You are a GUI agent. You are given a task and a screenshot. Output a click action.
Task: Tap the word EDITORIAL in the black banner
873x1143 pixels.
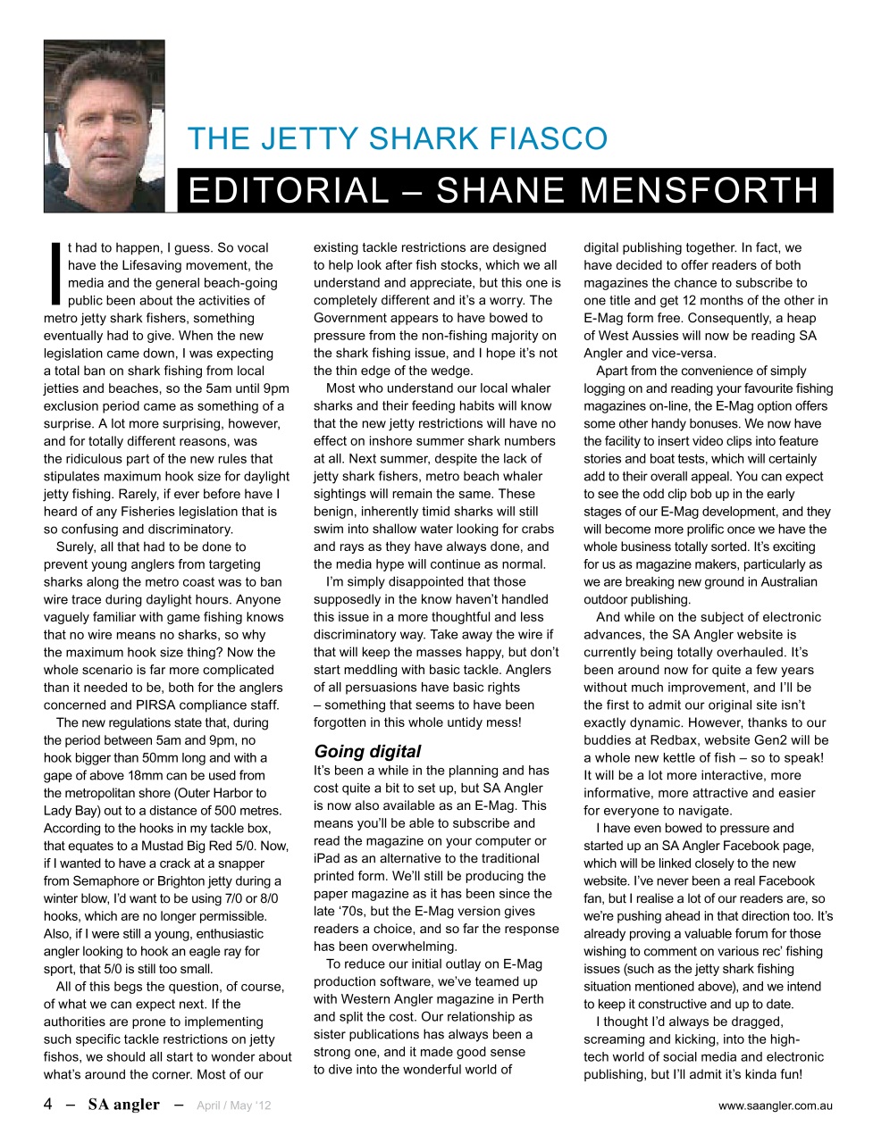coord(289,191)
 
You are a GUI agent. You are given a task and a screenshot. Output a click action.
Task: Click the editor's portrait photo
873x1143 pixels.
coord(104,126)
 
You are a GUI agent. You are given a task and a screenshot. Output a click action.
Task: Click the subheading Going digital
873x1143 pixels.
coord(367,751)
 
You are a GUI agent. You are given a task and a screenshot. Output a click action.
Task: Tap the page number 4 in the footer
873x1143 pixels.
coord(48,1105)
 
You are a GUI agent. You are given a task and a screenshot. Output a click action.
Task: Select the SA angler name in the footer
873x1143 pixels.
coord(123,1105)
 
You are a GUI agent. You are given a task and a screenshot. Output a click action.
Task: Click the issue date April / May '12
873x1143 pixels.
coord(233,1105)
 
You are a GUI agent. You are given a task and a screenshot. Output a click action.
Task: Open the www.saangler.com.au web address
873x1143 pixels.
coord(775,1105)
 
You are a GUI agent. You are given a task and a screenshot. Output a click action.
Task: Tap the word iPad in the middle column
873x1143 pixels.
coord(327,858)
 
